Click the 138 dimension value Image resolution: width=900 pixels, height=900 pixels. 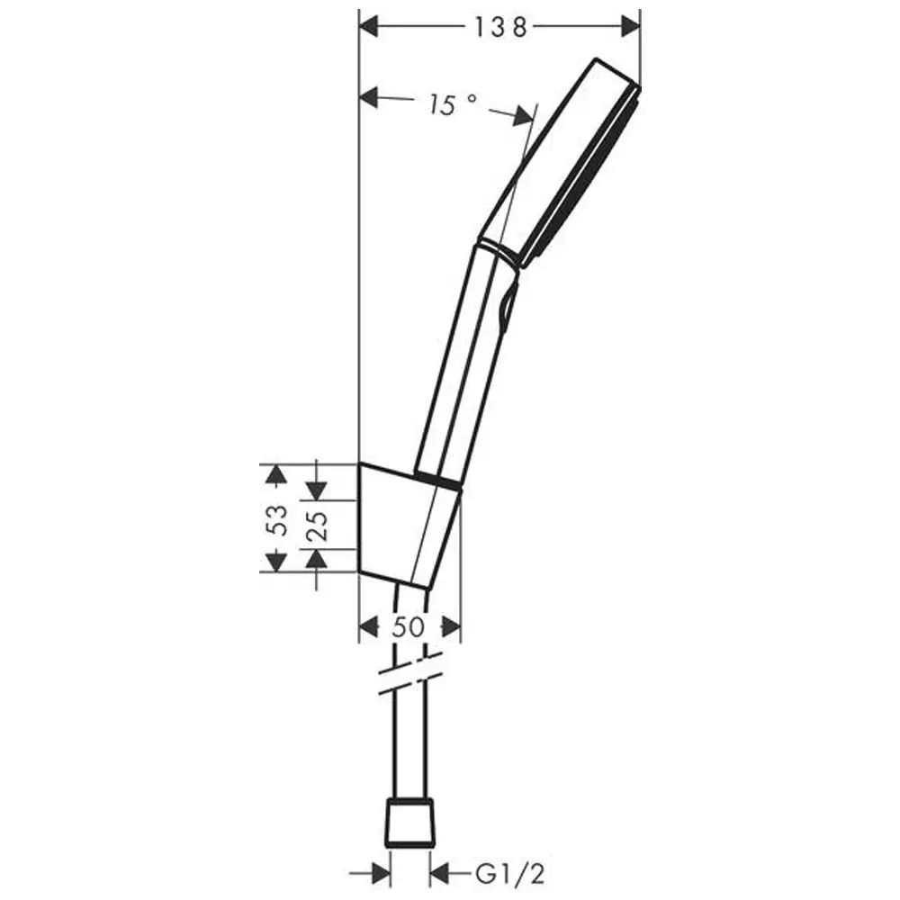point(499,27)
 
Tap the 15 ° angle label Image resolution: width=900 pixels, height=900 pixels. point(452,105)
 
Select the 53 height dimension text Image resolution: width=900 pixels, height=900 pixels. point(279,518)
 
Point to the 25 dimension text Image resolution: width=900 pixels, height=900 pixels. point(316,526)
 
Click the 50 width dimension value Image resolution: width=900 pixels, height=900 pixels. point(408,627)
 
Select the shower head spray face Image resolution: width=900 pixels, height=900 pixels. point(585,180)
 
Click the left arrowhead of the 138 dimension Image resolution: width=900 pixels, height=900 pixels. point(371,27)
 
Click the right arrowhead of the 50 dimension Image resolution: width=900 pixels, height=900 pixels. point(450,626)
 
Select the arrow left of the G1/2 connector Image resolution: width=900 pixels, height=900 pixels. point(380,872)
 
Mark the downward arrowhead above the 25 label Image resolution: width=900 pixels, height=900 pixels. point(316,490)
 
